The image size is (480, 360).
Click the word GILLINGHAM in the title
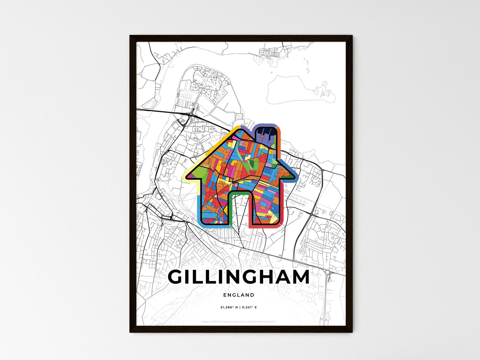[239, 277]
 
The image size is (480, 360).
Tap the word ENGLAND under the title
[239, 295]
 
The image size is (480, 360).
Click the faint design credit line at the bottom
[239, 321]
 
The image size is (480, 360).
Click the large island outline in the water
[299, 90]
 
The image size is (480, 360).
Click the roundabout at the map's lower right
[329, 272]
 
